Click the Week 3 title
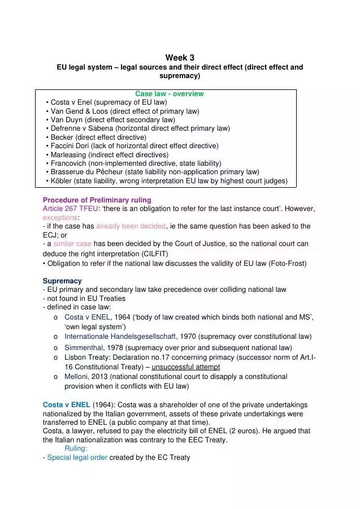click(180, 58)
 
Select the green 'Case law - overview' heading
click(170, 94)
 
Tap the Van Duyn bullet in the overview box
click(112, 119)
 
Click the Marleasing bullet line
click(109, 154)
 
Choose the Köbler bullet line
click(168, 181)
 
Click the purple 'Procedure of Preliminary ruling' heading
click(97, 200)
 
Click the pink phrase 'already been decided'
click(131, 226)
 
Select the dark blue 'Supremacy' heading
click(62, 281)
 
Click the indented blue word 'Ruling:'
click(76, 448)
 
